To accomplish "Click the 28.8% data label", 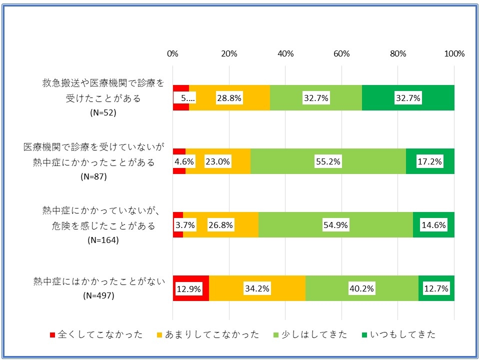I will point(229,98).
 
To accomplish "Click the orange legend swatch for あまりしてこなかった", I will point(160,334).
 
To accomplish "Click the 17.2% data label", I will point(430,161).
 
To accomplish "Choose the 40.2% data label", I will point(362,288).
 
